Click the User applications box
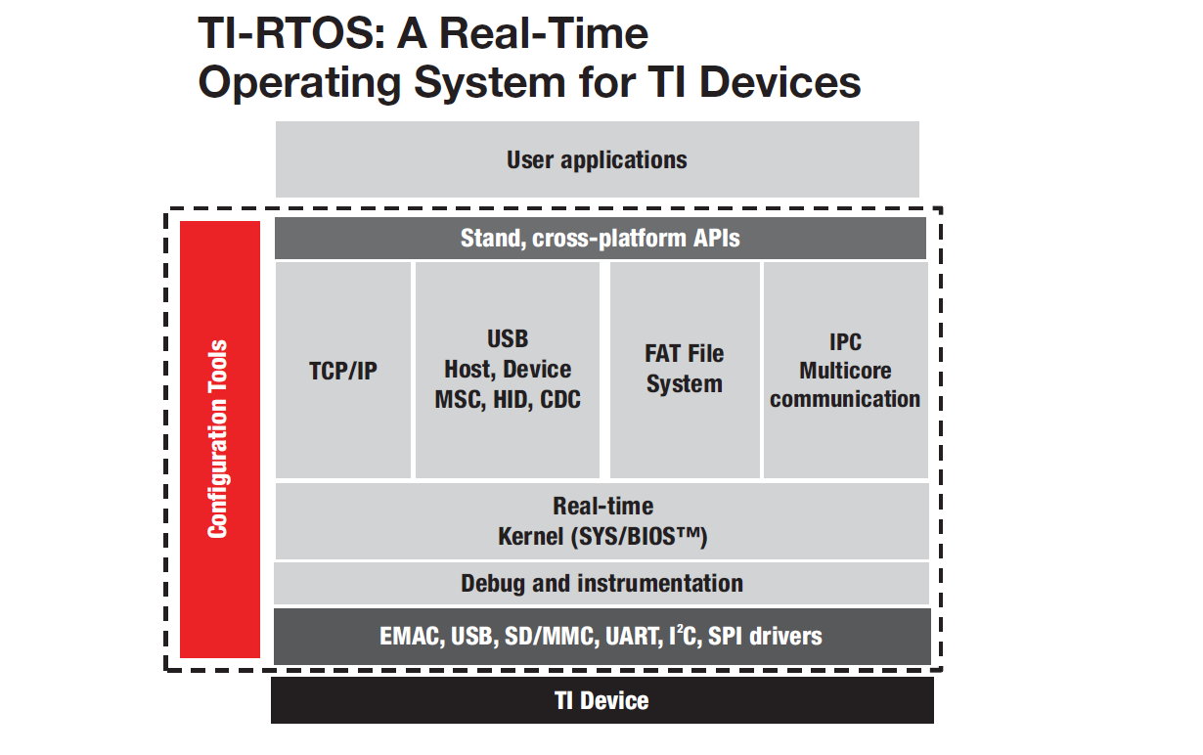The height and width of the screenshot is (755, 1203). pos(597,159)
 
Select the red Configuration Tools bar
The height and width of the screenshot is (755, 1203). pos(220,439)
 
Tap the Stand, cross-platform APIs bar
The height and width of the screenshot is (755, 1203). pos(600,239)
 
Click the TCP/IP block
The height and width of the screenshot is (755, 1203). pos(343,371)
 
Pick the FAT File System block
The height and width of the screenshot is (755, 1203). pos(685,369)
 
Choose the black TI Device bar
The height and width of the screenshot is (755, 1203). pos(601,700)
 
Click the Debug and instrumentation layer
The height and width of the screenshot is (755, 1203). pos(601,584)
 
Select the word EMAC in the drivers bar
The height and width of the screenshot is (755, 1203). pos(411,637)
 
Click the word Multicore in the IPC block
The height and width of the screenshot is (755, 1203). pos(845,371)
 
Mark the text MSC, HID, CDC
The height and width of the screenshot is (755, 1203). pos(508,399)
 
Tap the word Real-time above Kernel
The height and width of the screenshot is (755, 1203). pos(602,507)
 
